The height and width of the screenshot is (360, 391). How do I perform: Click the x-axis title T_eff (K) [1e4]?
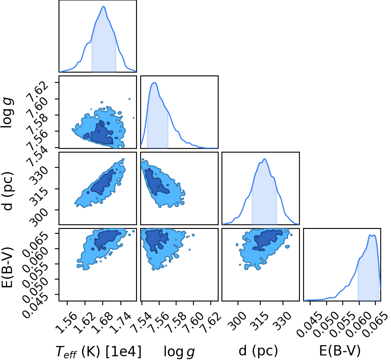coord(98,352)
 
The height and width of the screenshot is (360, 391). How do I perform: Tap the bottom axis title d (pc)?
coord(258,351)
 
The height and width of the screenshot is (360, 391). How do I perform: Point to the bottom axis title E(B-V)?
coord(340,351)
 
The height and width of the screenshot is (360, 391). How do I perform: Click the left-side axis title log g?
coord(7,113)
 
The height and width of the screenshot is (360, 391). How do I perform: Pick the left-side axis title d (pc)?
coord(7,191)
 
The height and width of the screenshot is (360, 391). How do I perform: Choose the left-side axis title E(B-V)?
coord(7,267)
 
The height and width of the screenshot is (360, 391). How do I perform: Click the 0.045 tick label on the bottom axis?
coord(308,325)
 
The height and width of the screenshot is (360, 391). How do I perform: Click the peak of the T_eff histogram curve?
coord(103,7)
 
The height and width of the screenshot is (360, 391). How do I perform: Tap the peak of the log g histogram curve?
coord(155,82)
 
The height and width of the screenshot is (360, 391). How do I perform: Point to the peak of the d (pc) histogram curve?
coord(264,159)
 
